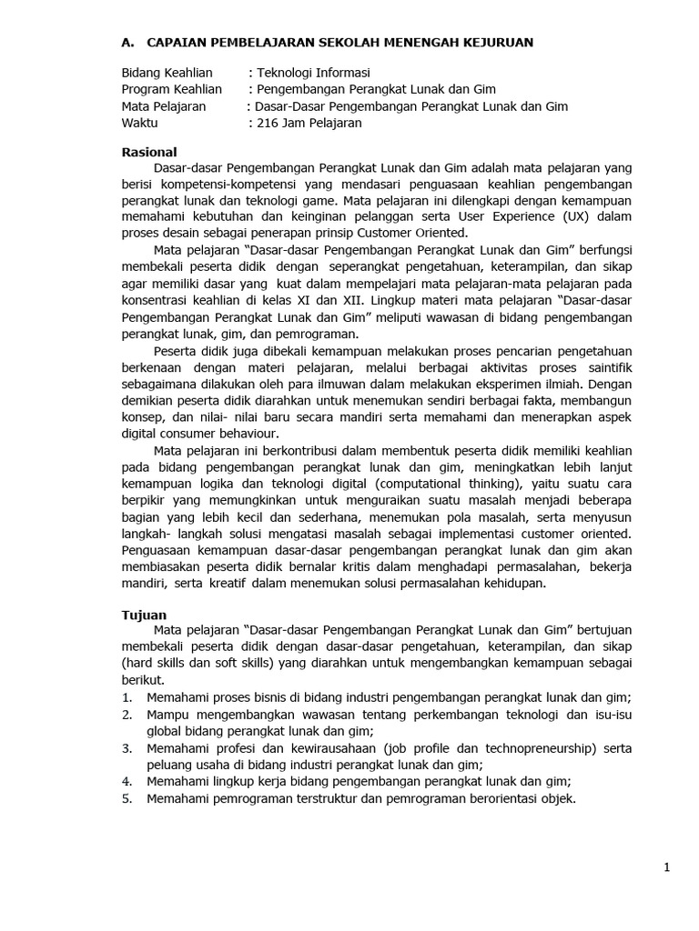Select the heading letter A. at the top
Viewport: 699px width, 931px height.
[129, 42]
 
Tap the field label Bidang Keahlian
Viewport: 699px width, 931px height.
[167, 73]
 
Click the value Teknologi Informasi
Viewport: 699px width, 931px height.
[314, 73]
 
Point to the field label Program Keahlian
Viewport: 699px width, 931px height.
[172, 89]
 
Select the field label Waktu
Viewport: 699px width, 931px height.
[139, 123]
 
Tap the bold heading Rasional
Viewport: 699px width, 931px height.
[149, 152]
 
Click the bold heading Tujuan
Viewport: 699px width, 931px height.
[145, 615]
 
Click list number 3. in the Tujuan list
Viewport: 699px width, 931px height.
[127, 748]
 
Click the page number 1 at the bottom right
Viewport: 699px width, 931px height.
[667, 868]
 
